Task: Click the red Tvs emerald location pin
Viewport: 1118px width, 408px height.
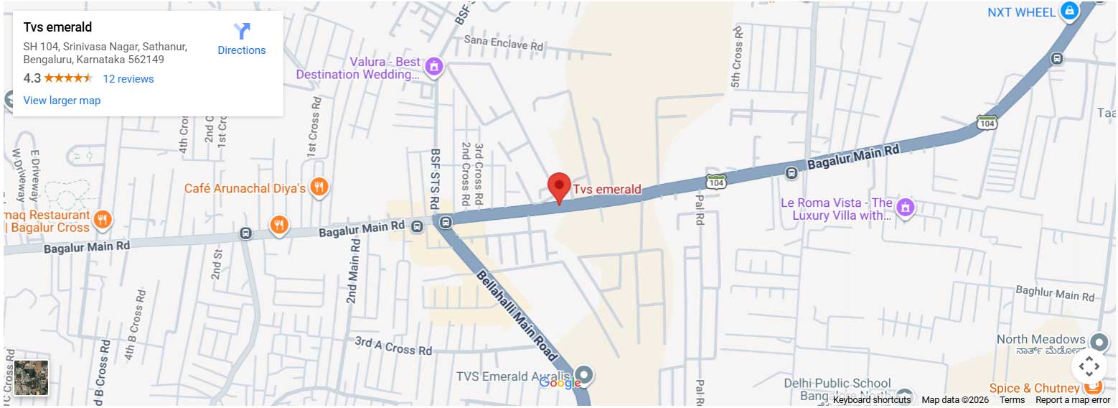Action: tap(559, 187)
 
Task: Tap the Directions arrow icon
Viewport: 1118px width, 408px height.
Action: tap(242, 32)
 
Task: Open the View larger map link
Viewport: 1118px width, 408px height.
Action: tap(62, 101)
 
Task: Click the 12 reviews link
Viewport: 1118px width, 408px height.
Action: tap(128, 79)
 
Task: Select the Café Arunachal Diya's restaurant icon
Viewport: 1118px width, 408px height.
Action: tap(319, 188)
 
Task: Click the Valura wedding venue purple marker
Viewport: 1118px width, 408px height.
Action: tap(433, 68)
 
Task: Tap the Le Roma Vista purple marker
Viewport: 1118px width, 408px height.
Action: tap(906, 207)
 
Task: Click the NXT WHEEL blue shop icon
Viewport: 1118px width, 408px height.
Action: tap(1069, 11)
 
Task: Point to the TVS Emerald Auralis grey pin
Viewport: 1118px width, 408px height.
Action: tap(585, 374)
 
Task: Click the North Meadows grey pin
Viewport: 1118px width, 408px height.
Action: tap(1099, 341)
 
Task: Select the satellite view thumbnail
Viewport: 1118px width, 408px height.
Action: tap(32, 378)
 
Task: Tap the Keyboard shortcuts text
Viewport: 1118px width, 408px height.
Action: tap(871, 400)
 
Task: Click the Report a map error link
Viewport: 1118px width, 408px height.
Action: tap(1072, 400)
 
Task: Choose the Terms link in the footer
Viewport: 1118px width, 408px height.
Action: tap(1012, 400)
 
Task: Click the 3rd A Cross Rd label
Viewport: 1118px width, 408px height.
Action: tap(393, 346)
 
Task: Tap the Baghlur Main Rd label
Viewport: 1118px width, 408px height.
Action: tap(1055, 293)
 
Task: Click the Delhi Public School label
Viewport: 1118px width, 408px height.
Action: tap(837, 384)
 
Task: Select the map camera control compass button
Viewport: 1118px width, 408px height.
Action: tap(1089, 366)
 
